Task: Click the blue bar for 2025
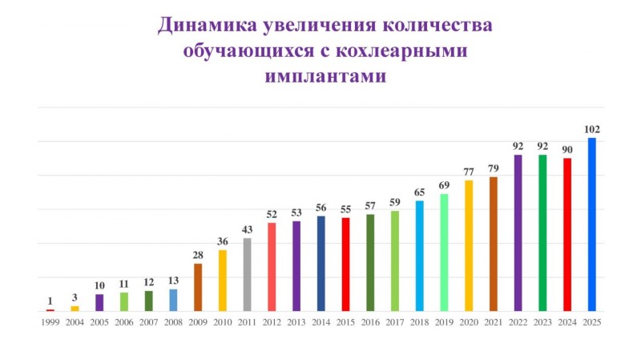click(592, 224)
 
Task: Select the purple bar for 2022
click(518, 233)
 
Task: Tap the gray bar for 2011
click(248, 274)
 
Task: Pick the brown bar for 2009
click(198, 287)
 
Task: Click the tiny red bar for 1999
click(50, 309)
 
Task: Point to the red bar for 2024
click(567, 234)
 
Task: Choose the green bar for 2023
click(542, 233)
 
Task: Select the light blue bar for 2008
click(173, 300)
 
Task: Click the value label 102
click(592, 129)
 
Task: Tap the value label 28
click(198, 255)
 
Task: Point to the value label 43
click(248, 230)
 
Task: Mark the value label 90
click(567, 149)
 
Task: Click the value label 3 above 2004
click(75, 297)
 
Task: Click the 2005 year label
click(99, 322)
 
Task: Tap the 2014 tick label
click(321, 322)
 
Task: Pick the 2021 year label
click(494, 322)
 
